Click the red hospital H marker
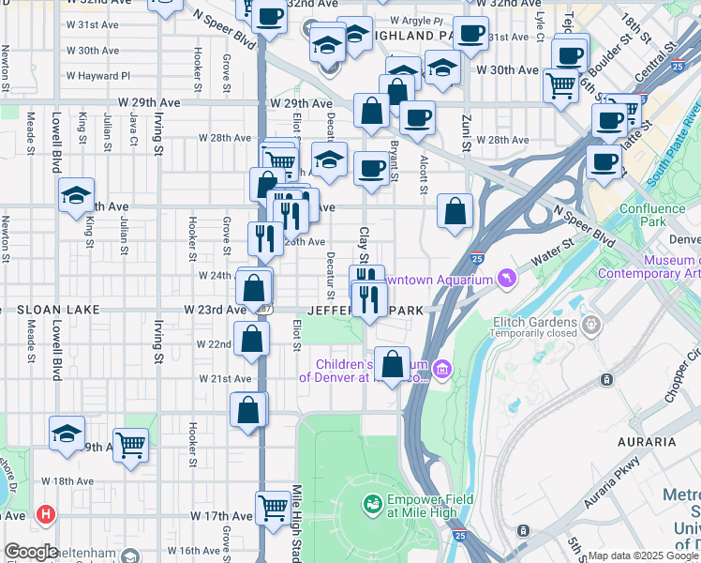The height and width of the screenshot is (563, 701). [44, 514]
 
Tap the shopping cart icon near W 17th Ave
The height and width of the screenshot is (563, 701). [273, 508]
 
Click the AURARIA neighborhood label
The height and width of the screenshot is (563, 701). [647, 441]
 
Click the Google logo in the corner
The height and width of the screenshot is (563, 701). [31, 552]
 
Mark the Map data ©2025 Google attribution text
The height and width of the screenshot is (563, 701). [641, 555]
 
